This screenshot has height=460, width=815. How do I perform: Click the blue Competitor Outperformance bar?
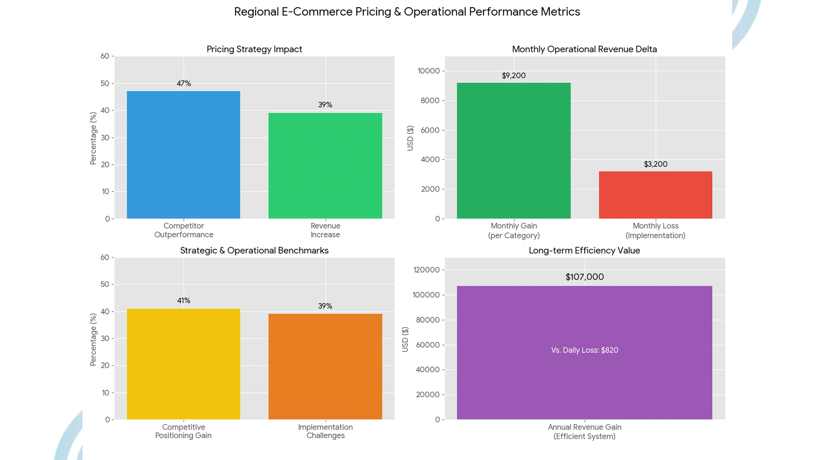[x=184, y=154]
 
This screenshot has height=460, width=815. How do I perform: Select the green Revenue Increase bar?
[x=325, y=165]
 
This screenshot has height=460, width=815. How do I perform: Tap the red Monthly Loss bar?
[x=655, y=195]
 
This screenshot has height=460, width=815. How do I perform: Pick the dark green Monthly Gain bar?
[x=514, y=150]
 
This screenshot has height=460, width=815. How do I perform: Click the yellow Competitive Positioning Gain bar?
[x=184, y=364]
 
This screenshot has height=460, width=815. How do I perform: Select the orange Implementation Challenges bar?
[x=325, y=366]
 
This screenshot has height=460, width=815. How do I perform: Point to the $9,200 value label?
[x=514, y=76]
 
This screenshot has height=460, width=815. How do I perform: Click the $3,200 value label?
[x=655, y=164]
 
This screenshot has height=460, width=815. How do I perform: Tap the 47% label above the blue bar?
[x=184, y=83]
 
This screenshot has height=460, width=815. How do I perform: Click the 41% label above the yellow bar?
[x=184, y=300]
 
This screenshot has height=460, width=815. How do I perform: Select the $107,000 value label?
[x=584, y=277]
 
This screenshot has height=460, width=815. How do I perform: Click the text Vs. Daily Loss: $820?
[x=584, y=350]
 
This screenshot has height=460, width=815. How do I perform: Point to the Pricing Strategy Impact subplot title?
[x=254, y=49]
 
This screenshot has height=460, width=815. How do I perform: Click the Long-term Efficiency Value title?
[x=584, y=251]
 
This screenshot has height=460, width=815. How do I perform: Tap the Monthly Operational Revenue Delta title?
[x=584, y=49]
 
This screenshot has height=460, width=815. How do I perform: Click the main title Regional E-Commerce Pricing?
[x=407, y=12]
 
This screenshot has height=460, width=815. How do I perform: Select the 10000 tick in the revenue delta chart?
[x=429, y=71]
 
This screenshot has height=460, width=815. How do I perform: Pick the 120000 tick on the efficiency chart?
[x=426, y=270]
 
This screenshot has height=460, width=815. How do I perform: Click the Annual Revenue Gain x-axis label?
[x=584, y=431]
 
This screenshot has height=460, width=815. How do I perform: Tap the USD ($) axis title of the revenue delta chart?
[x=410, y=138]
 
